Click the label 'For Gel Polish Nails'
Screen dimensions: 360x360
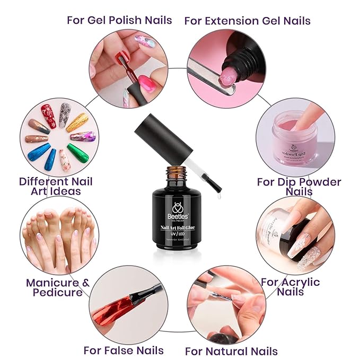pos(119,20)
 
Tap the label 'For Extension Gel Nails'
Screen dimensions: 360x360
pos(247,21)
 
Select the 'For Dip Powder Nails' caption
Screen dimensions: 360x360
pos(299,186)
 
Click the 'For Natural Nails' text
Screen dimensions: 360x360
pos(231,351)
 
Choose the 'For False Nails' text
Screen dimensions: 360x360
pos(124,350)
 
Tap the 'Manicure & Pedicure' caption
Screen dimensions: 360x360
pos(58,287)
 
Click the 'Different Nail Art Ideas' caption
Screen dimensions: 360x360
pos(56,186)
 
